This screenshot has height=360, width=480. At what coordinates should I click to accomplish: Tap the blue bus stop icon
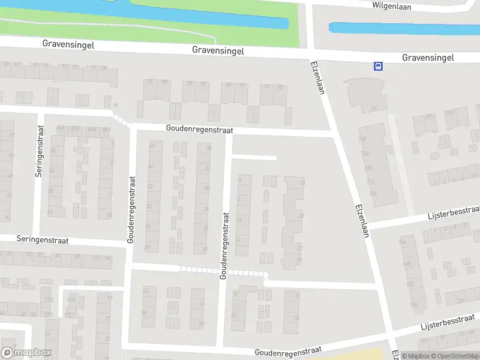click(378, 66)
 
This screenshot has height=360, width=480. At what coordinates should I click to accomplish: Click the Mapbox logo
click(26, 353)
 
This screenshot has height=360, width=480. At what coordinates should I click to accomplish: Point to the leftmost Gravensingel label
click(68, 44)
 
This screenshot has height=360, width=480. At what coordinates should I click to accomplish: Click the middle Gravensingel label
click(218, 51)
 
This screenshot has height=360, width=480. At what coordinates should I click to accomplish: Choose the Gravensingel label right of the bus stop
click(428, 58)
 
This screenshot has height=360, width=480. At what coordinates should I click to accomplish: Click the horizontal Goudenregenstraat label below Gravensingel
click(199, 130)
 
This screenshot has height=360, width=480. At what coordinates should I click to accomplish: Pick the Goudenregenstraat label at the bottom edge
click(288, 350)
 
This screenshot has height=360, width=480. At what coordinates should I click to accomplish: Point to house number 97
click(374, 109)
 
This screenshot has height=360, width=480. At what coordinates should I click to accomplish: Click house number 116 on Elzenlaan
click(373, 193)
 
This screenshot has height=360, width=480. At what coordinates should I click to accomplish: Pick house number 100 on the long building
click(362, 139)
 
